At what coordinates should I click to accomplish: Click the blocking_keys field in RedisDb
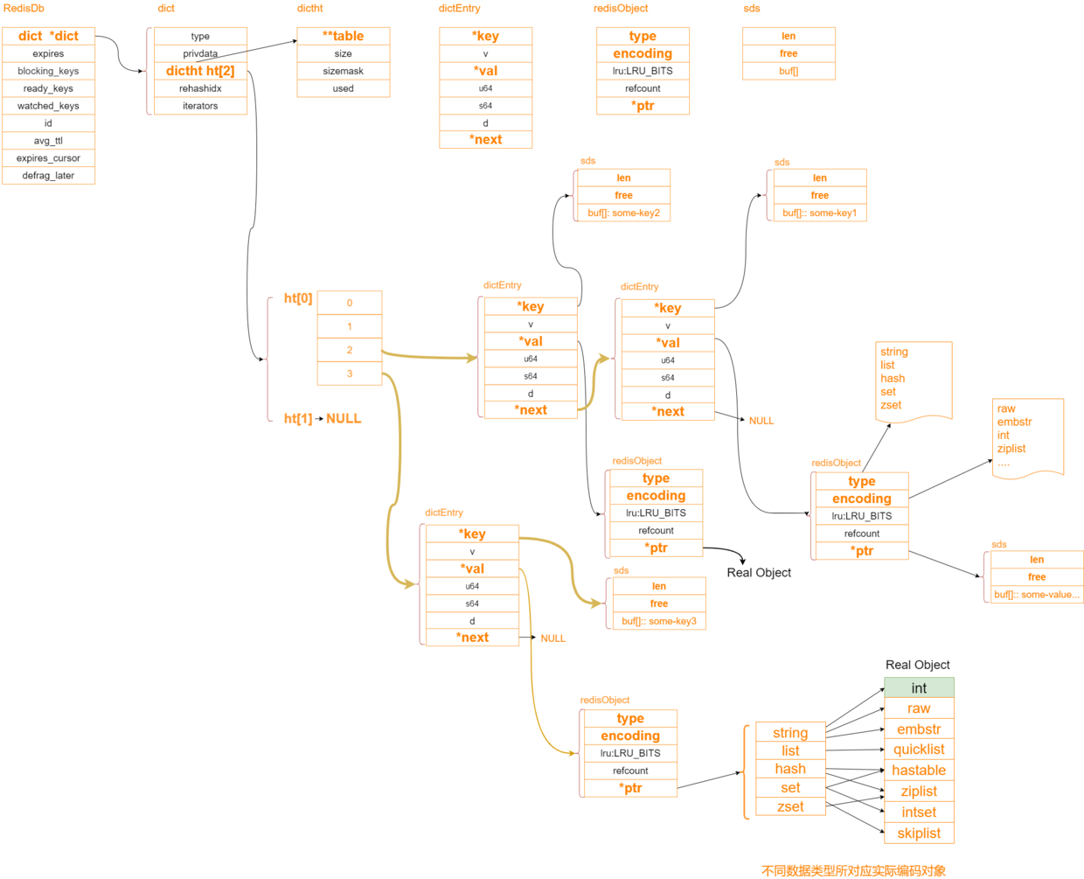(x=48, y=71)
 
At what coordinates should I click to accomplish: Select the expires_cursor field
(x=48, y=157)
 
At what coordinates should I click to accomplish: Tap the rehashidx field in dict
(x=200, y=88)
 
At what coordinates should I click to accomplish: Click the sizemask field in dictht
(x=343, y=71)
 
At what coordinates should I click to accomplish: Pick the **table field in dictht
(x=343, y=36)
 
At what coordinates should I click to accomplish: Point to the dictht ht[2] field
(x=200, y=71)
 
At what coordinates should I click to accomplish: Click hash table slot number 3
(x=349, y=373)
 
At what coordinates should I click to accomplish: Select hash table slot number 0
(x=349, y=303)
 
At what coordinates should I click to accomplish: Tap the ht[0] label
(x=298, y=297)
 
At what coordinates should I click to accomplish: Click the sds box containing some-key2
(x=623, y=195)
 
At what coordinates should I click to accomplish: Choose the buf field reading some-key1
(x=819, y=213)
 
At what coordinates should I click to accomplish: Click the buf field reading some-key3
(x=659, y=621)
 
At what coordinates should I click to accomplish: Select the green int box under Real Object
(x=919, y=687)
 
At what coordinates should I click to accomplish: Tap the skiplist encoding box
(x=919, y=834)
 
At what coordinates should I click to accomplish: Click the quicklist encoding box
(x=919, y=750)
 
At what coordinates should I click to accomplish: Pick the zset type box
(x=790, y=806)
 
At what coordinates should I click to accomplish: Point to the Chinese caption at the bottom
(x=853, y=871)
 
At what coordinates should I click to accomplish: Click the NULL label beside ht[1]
(x=344, y=418)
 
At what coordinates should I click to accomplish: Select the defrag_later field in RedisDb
(x=48, y=176)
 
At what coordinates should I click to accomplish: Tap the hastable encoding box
(x=919, y=770)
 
